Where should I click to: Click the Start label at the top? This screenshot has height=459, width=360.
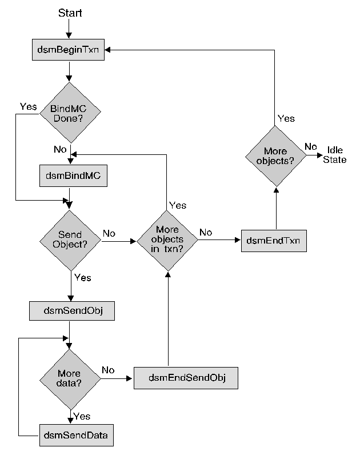[70, 13]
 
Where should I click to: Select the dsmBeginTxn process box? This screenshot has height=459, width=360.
[69, 50]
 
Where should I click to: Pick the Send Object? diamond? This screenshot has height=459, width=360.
[70, 240]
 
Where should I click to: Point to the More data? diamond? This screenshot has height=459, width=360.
[69, 378]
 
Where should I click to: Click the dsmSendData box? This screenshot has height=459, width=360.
[76, 436]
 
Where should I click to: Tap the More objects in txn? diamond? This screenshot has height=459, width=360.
[167, 240]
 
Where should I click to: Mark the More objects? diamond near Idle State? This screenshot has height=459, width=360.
[276, 156]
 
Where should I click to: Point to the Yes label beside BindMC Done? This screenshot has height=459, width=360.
[29, 106]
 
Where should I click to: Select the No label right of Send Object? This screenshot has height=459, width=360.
[109, 233]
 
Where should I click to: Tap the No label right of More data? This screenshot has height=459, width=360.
[108, 370]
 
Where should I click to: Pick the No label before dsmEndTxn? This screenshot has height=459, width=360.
[206, 233]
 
